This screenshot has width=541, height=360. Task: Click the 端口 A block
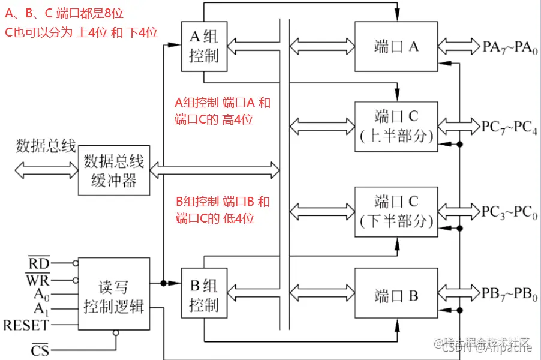pos(396,47)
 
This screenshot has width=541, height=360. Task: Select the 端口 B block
pos(396,295)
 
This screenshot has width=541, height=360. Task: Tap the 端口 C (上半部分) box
pos(396,126)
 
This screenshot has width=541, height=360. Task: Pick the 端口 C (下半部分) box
pos(396,211)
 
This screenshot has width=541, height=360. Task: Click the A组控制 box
pos(204,47)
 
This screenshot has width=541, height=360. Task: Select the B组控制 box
pos(204,295)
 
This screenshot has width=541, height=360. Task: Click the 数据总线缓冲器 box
pos(113,170)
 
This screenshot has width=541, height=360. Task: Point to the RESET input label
pos(26,326)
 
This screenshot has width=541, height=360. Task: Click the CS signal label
pos(40,350)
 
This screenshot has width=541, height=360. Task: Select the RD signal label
pos(40,263)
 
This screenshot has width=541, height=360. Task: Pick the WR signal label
pos(38,279)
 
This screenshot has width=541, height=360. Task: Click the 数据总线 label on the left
pos(46,146)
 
